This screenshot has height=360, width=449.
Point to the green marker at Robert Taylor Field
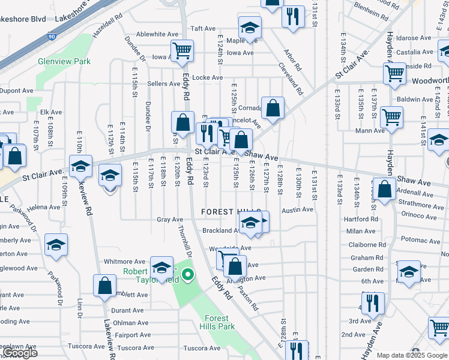188,276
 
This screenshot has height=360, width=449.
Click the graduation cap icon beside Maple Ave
249,27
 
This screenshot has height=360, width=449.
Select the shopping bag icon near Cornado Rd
273,109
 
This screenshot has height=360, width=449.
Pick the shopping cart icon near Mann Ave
392,116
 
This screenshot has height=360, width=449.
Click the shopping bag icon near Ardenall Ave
384,188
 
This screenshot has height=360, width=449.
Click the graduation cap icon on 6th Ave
409,271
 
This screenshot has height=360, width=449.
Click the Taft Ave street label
203,28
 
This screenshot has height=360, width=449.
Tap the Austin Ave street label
298,209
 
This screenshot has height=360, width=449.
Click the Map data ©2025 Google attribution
411,355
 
